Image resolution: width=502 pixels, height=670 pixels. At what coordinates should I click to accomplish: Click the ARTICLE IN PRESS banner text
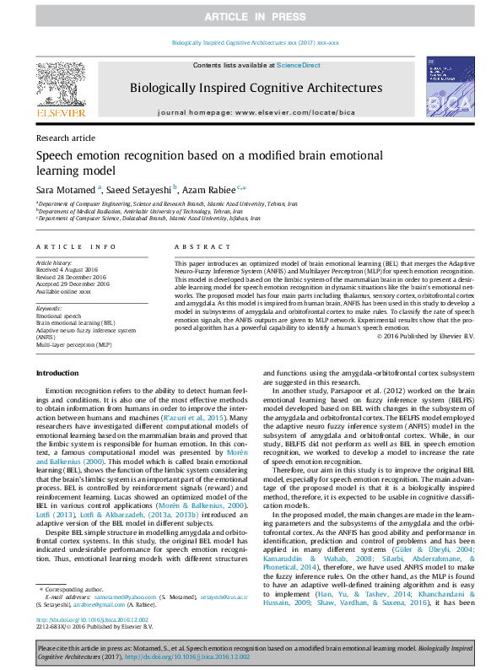click(x=250, y=17)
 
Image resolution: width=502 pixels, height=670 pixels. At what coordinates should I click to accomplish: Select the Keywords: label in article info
click(x=49, y=308)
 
